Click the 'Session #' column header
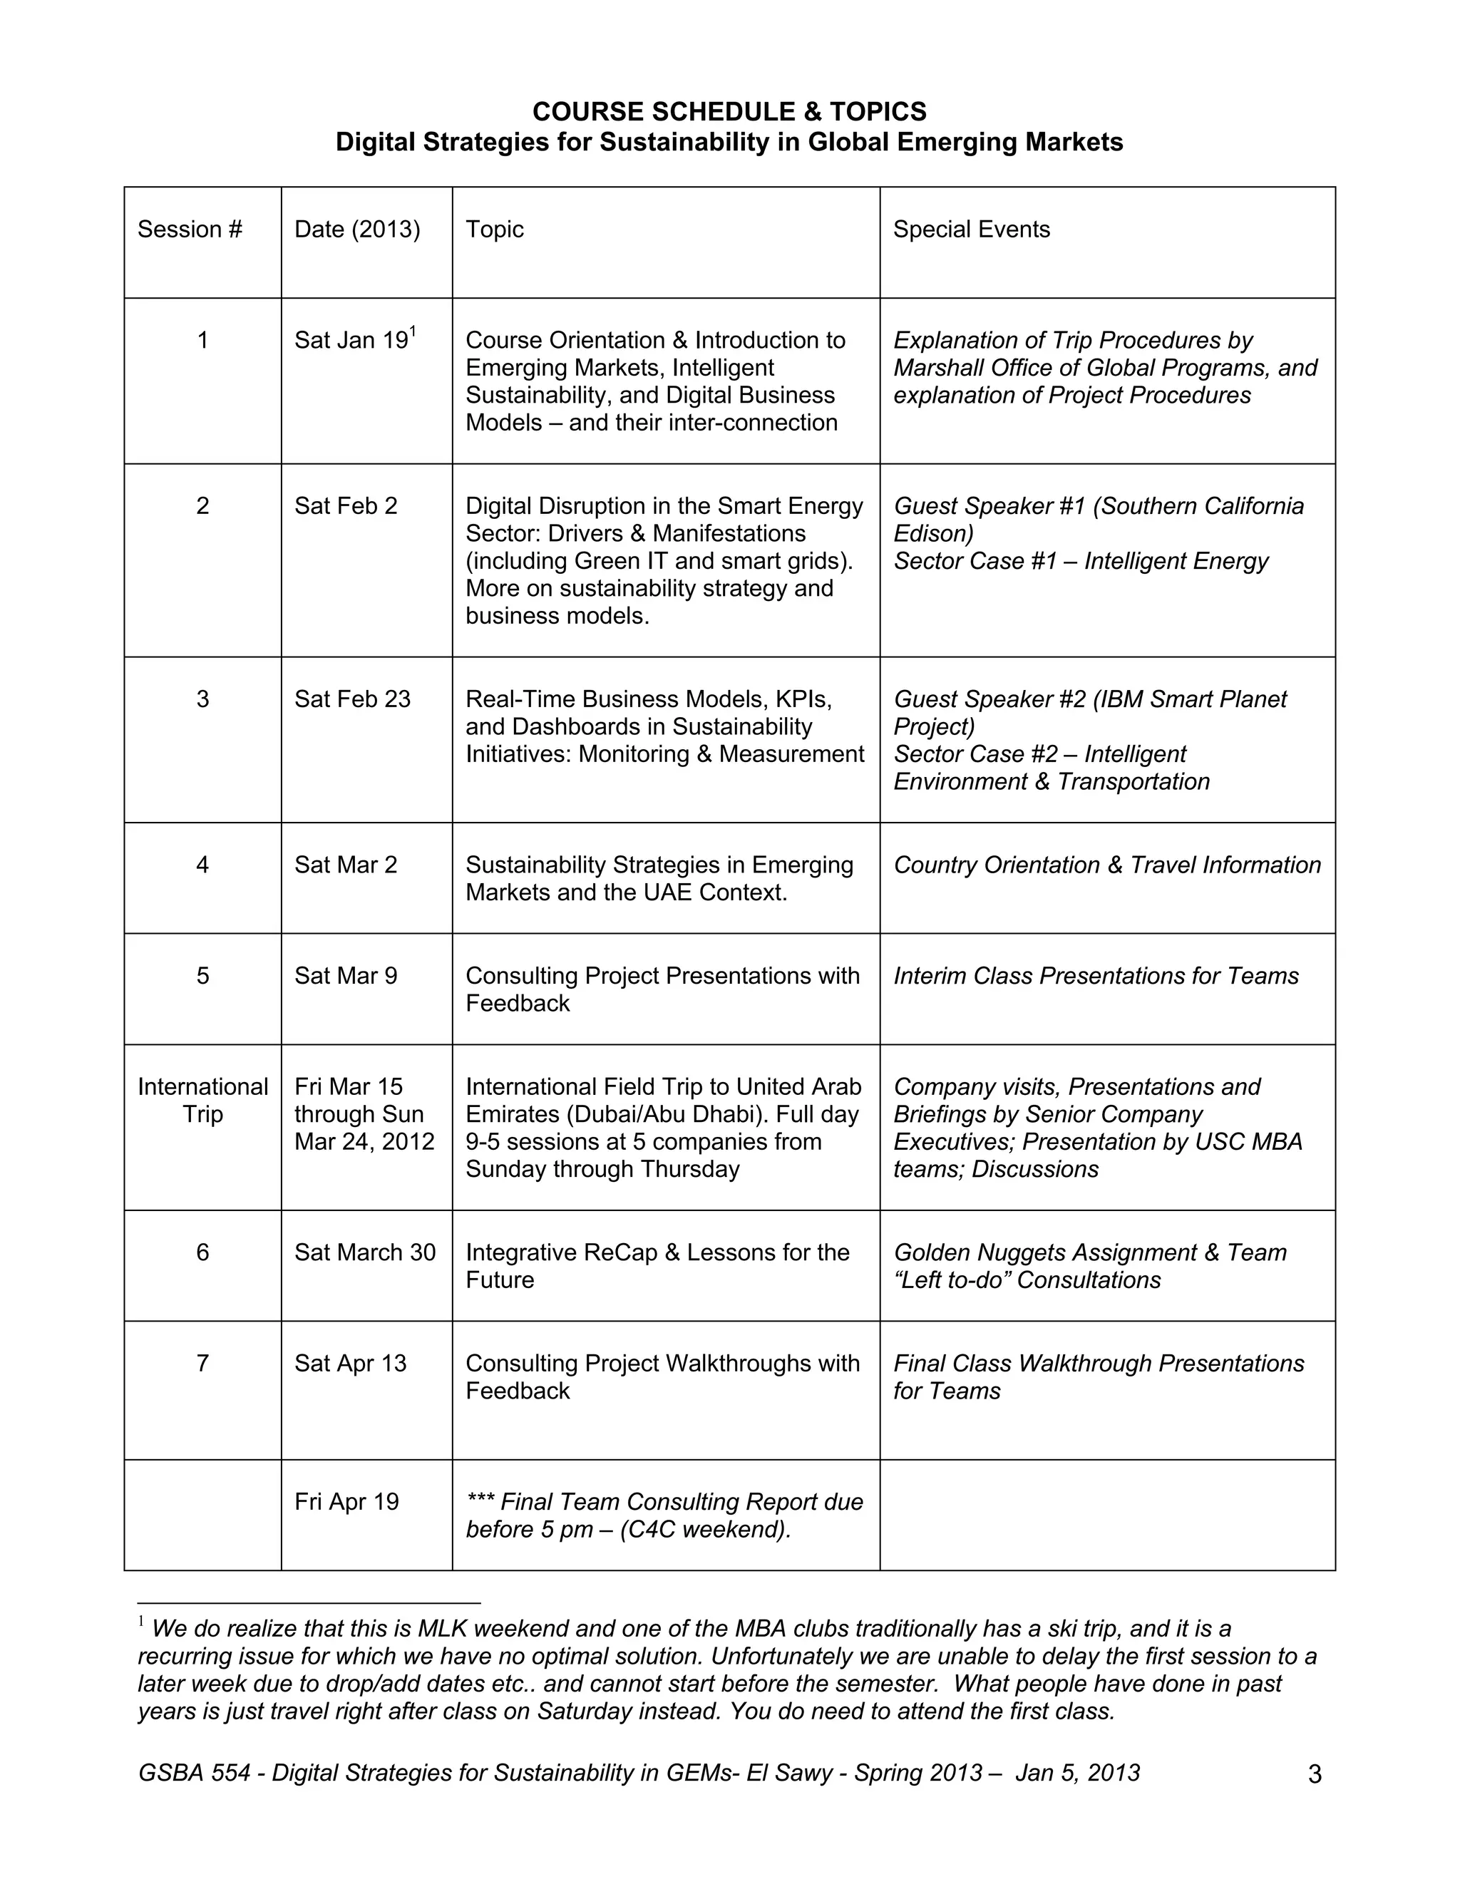click(190, 230)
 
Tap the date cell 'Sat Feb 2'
click(345, 506)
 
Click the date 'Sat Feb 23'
click(352, 699)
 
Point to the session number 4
click(202, 865)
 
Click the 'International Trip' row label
click(202, 1100)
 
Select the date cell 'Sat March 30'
click(364, 1252)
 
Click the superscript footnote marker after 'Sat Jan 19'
click(413, 331)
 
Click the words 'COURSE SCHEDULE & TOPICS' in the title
click(729, 112)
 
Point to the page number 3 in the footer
click(1315, 1775)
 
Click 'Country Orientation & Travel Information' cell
click(1106, 865)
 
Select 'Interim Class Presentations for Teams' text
click(1095, 976)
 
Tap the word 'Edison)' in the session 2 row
click(933, 534)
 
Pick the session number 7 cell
click(202, 1363)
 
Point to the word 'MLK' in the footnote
click(442, 1629)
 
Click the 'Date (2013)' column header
click(356, 230)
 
